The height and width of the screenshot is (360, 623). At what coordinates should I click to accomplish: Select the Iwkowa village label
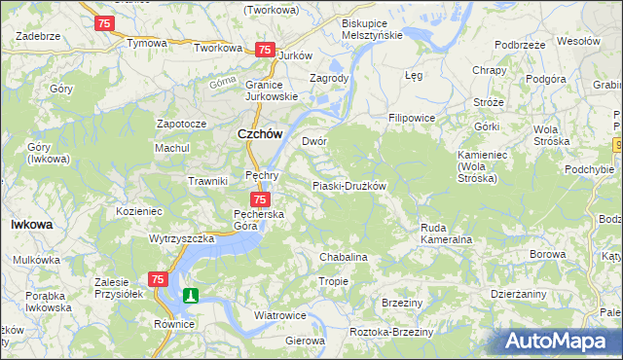click(31, 224)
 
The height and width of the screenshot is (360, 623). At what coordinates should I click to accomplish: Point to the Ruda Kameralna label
click(446, 234)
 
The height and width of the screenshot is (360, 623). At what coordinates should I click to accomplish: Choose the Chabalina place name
click(344, 257)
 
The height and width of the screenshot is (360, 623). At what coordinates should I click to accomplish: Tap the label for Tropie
click(333, 281)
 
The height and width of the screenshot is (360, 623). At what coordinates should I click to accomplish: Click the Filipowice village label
click(412, 118)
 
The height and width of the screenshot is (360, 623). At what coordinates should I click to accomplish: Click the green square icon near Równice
click(192, 295)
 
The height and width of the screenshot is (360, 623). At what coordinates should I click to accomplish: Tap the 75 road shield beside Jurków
click(264, 50)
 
